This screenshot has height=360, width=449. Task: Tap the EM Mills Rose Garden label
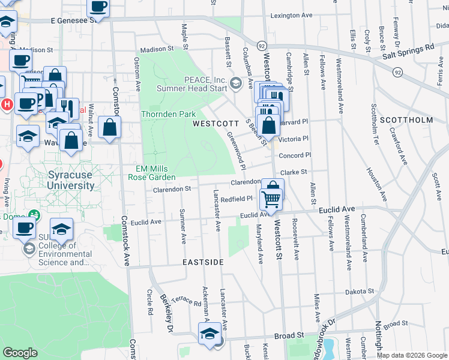coord(151,173)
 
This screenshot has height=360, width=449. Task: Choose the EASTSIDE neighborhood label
coord(203,263)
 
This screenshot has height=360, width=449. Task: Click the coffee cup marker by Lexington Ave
coord(98,8)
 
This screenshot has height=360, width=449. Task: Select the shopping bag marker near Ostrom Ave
coord(110,128)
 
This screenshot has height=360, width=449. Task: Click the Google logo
coord(20,353)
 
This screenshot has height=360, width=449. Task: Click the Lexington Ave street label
coord(292,16)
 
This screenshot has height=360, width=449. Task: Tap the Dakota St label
coord(359,292)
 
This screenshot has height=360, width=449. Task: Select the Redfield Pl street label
coord(236,199)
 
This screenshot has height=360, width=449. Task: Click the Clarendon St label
coord(172,188)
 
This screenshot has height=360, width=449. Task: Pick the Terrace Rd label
coord(185,301)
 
